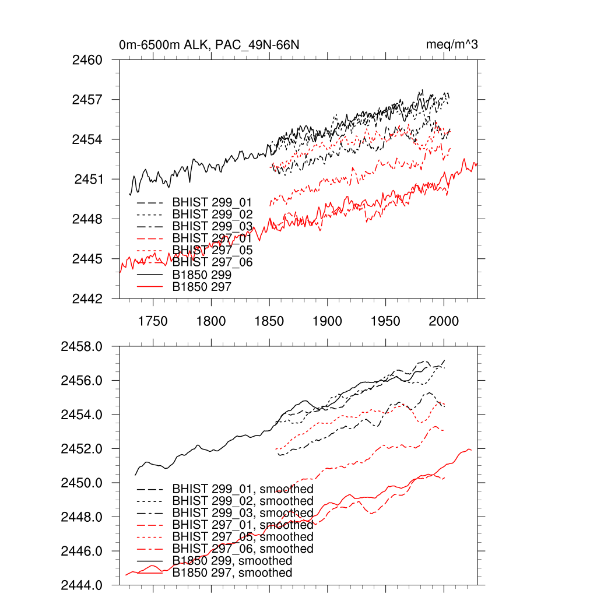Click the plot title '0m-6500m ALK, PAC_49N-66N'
(209, 45)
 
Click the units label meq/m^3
(452, 45)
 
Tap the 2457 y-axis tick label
(87, 100)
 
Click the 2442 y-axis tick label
(87, 298)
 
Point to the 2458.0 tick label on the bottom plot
(82, 347)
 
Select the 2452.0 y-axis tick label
(82, 449)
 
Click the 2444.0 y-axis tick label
(82, 585)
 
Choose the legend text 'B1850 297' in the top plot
(202, 286)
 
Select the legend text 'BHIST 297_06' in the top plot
(212, 262)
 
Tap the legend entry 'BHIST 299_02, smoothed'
(243, 501)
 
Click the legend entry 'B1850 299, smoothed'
(232, 561)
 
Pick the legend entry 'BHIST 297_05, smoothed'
(243, 537)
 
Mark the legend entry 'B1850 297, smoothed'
(232, 573)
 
